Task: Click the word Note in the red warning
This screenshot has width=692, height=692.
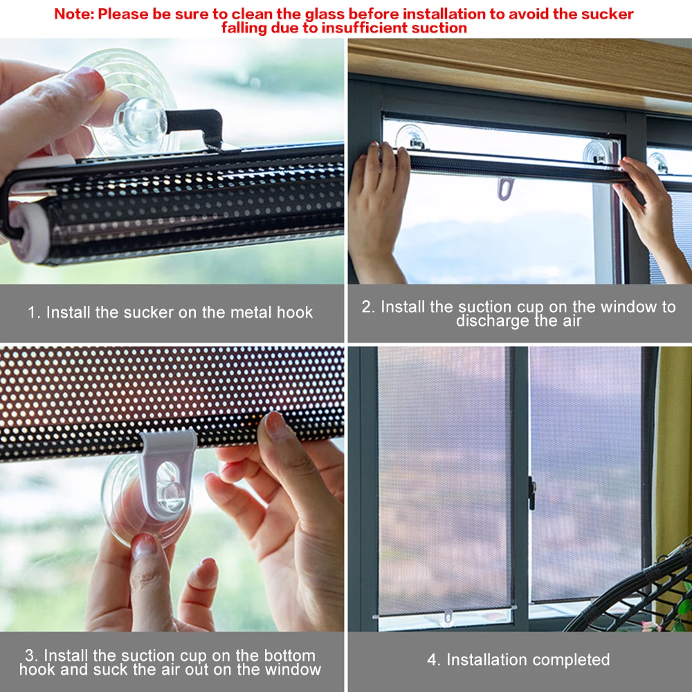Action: point(72,14)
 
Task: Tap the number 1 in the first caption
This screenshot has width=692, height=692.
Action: point(31,313)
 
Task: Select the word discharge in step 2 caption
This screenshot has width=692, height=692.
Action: point(489,321)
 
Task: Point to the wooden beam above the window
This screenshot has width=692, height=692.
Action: point(519,66)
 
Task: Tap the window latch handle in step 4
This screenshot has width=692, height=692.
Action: point(531,493)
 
